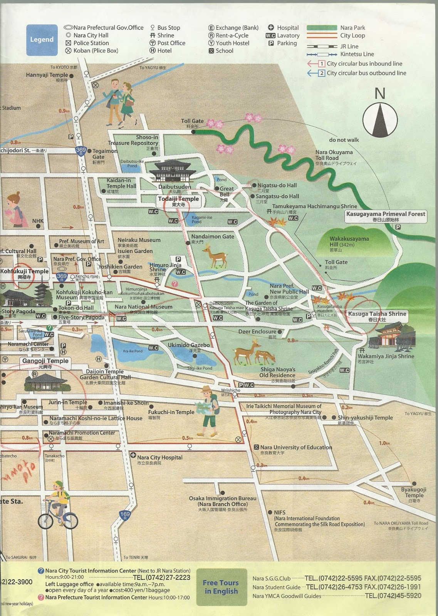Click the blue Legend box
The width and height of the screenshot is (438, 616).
click(x=42, y=40)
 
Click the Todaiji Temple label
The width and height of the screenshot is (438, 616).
click(x=178, y=199)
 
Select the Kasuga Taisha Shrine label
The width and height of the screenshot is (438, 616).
click(x=377, y=314)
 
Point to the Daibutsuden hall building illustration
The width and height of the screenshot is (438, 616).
click(x=173, y=172)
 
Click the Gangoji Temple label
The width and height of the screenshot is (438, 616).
click(x=45, y=361)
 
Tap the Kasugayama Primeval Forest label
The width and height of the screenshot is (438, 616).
click(x=385, y=214)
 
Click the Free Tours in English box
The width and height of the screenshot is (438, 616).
click(x=221, y=587)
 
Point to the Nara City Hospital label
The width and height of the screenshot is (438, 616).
click(x=159, y=457)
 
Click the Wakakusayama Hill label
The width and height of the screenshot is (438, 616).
click(x=349, y=241)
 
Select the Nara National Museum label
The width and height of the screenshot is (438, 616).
click(x=143, y=307)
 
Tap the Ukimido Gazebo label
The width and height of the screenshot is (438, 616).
click(x=188, y=345)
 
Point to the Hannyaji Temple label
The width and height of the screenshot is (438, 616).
click(x=47, y=75)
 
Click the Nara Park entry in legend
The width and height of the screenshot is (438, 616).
click(x=352, y=28)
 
